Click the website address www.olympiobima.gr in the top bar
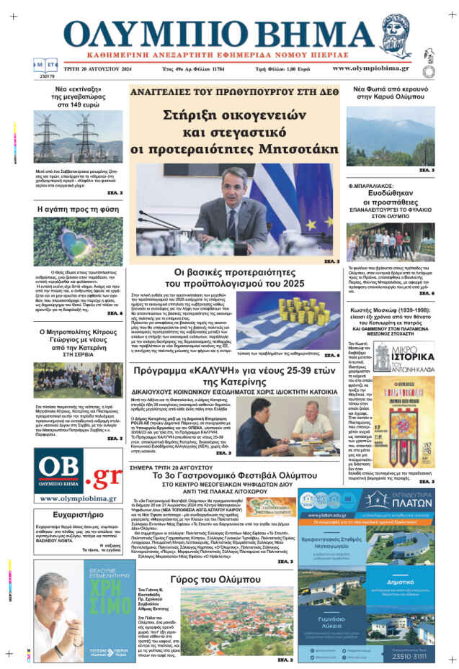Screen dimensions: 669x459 click(370, 68)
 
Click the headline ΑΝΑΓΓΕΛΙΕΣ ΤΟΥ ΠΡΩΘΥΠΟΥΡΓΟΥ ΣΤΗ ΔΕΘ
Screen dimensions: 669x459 click(234, 92)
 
